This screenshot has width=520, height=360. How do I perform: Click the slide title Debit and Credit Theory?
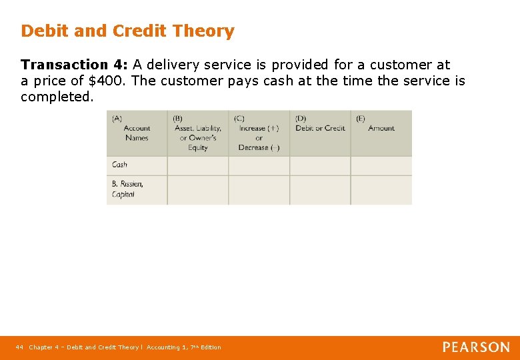127,31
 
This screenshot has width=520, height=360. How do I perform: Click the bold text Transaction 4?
75,65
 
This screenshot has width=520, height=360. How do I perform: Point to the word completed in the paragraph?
56,97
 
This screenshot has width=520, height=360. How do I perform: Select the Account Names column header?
136,133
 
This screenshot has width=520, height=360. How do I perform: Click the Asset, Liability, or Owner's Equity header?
197,133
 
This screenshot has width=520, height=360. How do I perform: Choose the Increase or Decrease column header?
259,133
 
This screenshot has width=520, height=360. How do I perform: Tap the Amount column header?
381,128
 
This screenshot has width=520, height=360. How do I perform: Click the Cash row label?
120,165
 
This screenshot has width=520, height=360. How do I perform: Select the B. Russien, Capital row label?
127,189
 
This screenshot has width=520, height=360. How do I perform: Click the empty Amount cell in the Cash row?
381,165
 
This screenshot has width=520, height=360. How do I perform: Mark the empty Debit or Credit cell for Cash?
320,165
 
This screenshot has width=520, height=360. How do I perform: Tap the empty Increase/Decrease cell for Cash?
259,165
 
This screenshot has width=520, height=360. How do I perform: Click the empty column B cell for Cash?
197,165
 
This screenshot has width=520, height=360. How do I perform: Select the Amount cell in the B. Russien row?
381,190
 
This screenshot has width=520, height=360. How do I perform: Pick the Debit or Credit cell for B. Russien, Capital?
320,190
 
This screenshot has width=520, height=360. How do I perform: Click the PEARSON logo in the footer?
476,347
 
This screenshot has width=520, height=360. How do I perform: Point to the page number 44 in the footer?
19,347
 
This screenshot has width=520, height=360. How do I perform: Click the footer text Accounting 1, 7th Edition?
184,347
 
